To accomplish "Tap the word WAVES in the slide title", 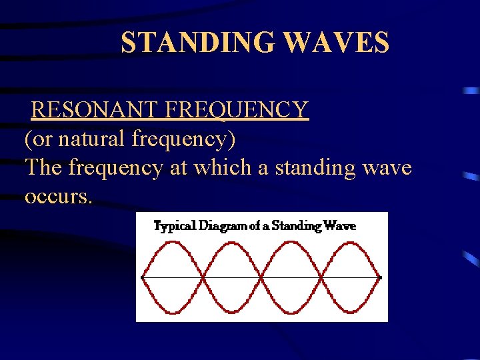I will tap(336, 43).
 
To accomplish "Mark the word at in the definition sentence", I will tap(179, 168).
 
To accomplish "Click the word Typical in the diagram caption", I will tap(175, 226).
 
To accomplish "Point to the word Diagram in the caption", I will tap(223, 226).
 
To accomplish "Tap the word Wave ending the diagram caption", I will tap(341, 225).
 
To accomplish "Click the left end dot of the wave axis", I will tap(142, 277).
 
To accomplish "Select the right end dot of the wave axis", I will tap(380, 277).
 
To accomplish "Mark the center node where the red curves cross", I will tap(261, 277).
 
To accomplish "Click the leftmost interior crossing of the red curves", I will tap(202, 277).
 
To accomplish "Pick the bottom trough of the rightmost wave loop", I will tap(351, 311).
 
